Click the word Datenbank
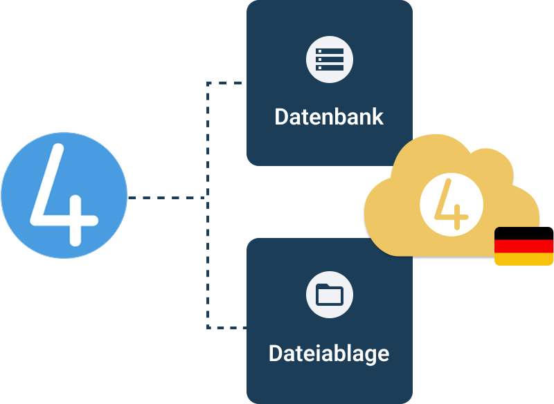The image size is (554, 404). [329, 116]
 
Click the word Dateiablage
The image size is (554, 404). [329, 354]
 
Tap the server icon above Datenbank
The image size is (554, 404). [330, 60]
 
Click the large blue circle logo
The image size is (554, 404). [64, 196]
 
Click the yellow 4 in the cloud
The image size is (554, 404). [451, 205]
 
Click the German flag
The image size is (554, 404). [524, 246]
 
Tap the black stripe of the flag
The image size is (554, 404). [524, 232]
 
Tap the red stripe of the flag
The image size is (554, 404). [524, 246]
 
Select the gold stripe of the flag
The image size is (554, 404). [524, 259]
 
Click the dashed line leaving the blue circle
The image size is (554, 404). [166, 198]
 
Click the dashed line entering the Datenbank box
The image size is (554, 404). [229, 83]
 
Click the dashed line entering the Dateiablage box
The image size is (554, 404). [229, 327]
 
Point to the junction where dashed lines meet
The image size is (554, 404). [207, 198]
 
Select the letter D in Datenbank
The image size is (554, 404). [281, 116]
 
